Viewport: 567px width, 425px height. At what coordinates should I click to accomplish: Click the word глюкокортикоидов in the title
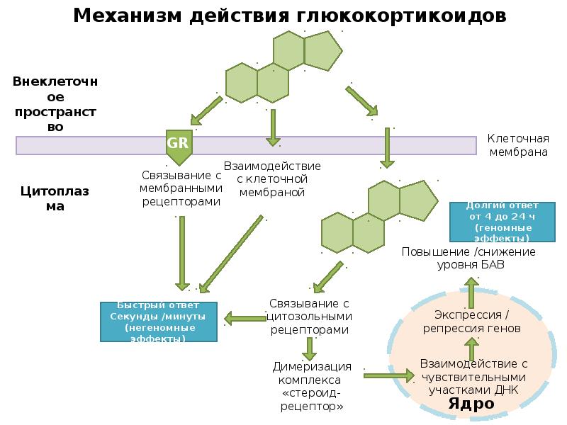tap(401, 16)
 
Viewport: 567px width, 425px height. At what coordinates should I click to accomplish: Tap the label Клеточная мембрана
tap(518, 145)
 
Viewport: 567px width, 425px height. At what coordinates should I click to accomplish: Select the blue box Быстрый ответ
tap(158, 322)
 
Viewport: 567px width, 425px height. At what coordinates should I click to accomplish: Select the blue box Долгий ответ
tap(502, 222)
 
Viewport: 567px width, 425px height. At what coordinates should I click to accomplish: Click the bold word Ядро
tap(471, 403)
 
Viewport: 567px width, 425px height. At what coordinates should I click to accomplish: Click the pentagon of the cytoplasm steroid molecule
tap(418, 200)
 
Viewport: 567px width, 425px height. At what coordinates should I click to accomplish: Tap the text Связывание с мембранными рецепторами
tap(181, 188)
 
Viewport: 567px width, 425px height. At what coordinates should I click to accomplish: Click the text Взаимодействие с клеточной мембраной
tap(272, 179)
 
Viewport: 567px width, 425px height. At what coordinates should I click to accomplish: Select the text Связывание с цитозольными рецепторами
tap(310, 316)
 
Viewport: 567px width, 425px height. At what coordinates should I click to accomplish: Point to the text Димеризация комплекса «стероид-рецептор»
tap(312, 386)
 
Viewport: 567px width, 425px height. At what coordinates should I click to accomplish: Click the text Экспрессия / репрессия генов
tap(471, 322)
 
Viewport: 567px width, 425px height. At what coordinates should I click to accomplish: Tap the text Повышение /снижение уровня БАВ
tap(469, 258)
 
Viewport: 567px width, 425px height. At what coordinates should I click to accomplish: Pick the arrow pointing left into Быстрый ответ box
tap(245, 319)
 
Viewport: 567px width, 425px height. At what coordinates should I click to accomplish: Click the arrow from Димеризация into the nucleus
tap(389, 376)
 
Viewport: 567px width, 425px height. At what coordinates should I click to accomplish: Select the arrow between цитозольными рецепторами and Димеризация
tap(310, 348)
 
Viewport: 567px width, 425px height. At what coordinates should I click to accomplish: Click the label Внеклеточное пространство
tap(55, 103)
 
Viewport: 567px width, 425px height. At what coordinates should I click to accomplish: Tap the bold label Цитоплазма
tap(55, 198)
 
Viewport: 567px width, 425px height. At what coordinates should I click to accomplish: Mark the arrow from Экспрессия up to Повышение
tap(471, 293)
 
